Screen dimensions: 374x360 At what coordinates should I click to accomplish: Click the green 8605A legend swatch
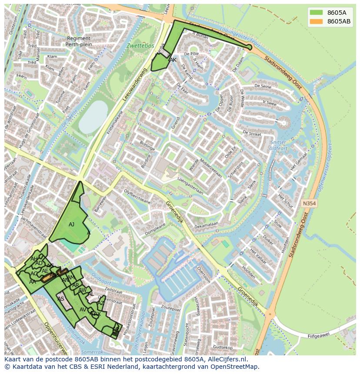[x=316, y=13]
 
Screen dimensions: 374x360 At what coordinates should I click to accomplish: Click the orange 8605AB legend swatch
[x=316, y=22]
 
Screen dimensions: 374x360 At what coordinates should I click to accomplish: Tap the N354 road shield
[x=309, y=203]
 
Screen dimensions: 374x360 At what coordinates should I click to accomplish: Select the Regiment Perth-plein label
[x=79, y=41]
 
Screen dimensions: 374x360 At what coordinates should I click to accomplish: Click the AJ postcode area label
[x=72, y=225]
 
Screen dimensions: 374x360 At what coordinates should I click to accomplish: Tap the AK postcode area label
[x=173, y=60]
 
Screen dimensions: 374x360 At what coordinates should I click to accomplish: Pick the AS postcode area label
[x=61, y=299]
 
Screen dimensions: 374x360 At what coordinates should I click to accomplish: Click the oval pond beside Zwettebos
[x=93, y=117]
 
